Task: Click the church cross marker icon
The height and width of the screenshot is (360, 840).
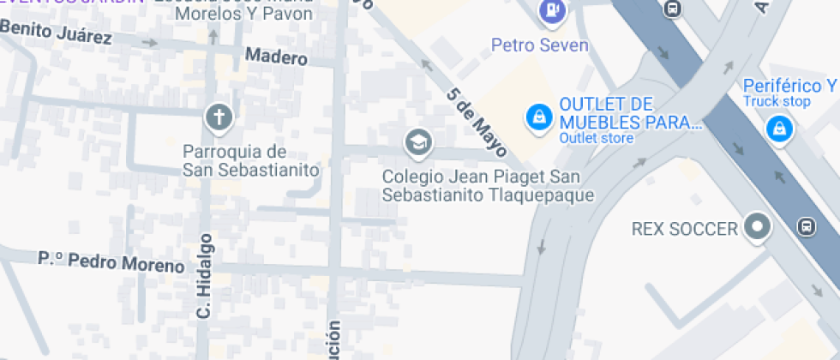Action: [219, 117]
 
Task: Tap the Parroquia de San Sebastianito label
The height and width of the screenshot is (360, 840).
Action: [250, 160]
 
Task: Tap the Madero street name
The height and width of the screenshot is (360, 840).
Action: [276, 57]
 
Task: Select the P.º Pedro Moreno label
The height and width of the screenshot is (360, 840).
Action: [111, 261]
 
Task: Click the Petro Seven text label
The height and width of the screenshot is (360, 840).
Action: [540, 45]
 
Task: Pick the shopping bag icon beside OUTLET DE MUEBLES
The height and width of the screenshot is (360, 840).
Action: [537, 117]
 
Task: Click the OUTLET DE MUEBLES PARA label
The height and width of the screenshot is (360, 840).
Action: [630, 113]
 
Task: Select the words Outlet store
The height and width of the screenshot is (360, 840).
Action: [597, 138]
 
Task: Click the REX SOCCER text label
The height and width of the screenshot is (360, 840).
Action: [684, 229]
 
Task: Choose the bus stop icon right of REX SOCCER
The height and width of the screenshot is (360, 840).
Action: [805, 227]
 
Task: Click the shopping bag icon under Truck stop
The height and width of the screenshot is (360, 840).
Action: [778, 129]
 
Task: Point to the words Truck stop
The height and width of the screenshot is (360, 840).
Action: [777, 101]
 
